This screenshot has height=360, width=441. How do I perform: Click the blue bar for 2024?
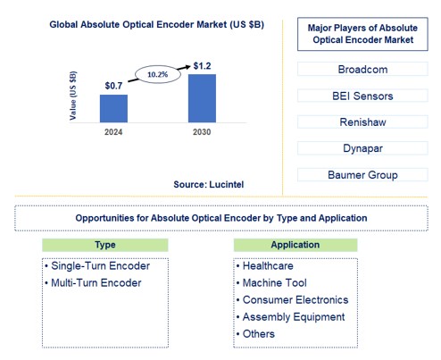tap(113, 108)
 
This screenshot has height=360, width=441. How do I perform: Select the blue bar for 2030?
tap(202, 98)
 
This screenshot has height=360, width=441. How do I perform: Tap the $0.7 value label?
tap(112, 86)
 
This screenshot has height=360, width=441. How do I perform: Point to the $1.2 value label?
tap(202, 65)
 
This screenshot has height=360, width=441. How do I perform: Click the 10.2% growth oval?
tap(157, 76)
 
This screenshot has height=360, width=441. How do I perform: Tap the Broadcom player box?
tap(361, 68)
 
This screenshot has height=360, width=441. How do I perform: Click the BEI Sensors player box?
tap(361, 95)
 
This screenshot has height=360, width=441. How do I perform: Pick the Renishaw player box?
tap(361, 121)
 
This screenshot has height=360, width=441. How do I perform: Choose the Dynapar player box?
tap(361, 148)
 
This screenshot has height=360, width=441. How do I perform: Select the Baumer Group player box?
tap(361, 175)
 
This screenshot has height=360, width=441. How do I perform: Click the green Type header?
tap(104, 245)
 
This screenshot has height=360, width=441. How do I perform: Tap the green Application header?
tap(295, 245)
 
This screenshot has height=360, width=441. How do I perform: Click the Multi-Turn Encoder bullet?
tap(95, 283)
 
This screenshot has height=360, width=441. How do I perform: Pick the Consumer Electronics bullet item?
tap(295, 300)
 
